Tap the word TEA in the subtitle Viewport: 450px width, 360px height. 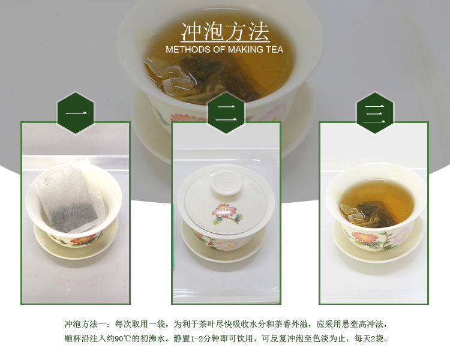click(x=275, y=50)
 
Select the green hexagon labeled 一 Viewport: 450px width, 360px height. click(x=76, y=113)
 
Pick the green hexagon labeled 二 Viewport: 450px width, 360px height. click(x=226, y=113)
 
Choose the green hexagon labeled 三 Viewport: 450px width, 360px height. click(x=375, y=113)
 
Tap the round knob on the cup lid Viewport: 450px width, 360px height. click(x=227, y=183)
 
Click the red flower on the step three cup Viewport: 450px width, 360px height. click(x=365, y=238)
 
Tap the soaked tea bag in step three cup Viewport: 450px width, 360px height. click(x=370, y=214)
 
